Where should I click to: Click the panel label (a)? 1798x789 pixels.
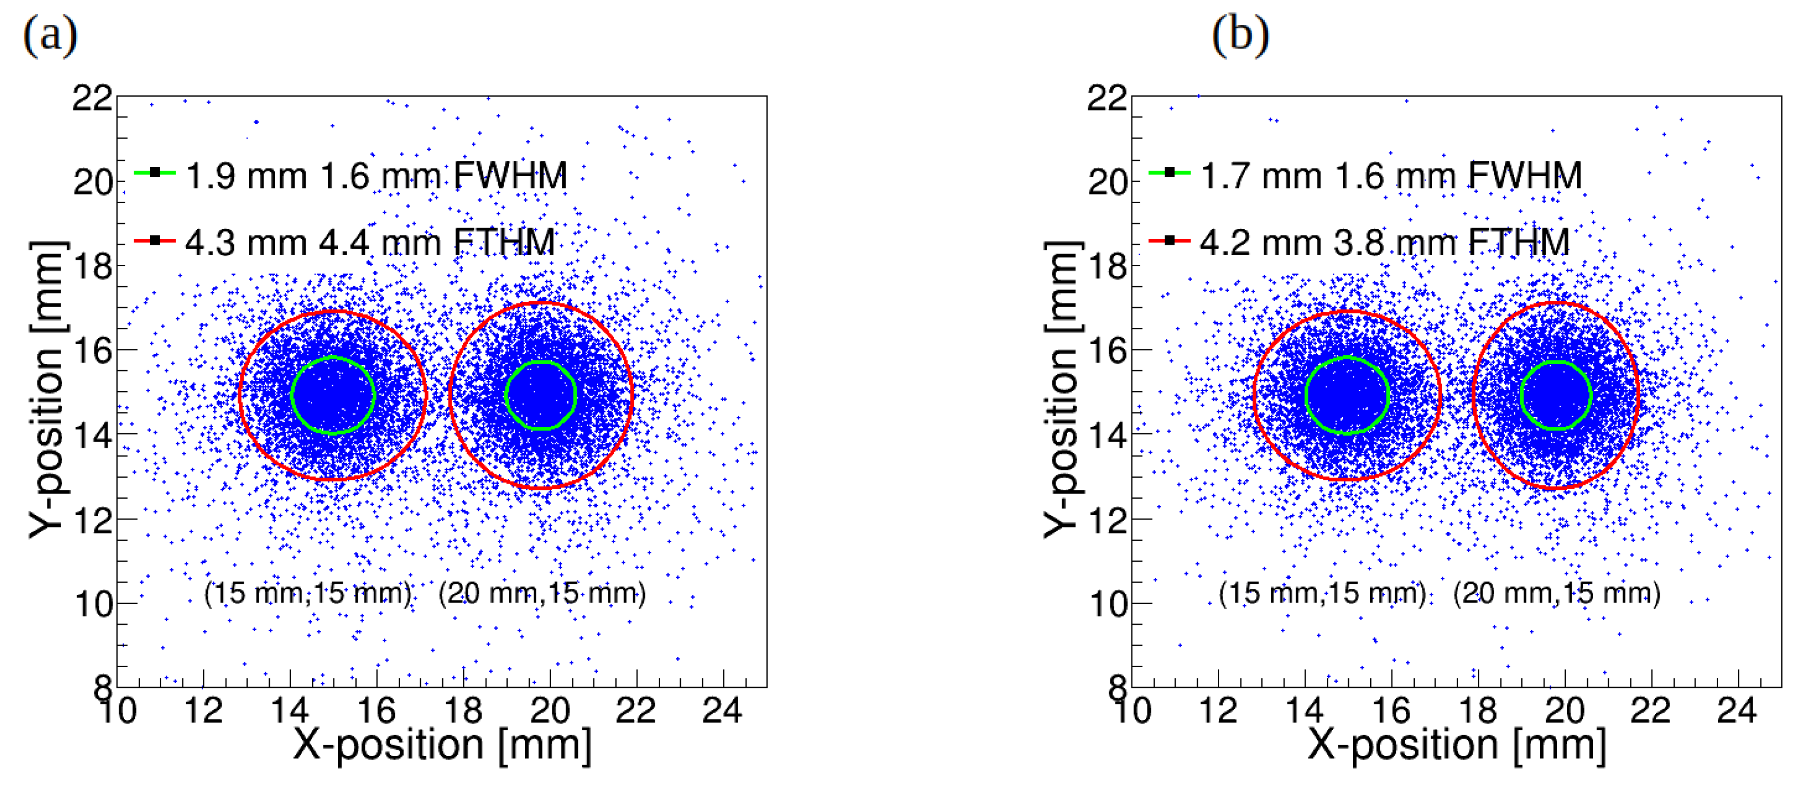click(x=50, y=35)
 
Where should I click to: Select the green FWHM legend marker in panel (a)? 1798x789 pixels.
click(x=155, y=172)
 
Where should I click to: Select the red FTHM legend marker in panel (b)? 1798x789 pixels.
click(x=1169, y=241)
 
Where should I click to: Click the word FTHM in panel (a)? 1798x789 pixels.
click(x=504, y=243)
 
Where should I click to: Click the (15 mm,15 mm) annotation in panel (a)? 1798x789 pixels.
click(x=308, y=593)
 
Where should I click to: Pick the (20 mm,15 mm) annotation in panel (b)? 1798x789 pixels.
click(x=1557, y=593)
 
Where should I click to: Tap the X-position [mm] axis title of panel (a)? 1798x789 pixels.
click(x=442, y=744)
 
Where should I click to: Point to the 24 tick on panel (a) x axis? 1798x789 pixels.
click(x=722, y=711)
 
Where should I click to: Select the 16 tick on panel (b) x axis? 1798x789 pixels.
click(x=1391, y=711)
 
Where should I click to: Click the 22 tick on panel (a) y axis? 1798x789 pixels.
click(x=92, y=98)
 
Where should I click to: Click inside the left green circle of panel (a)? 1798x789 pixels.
click(x=333, y=396)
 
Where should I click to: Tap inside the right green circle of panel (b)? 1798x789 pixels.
click(x=1556, y=395)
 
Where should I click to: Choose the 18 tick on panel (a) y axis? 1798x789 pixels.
click(x=92, y=267)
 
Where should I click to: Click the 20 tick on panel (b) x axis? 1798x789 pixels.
click(x=1564, y=711)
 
